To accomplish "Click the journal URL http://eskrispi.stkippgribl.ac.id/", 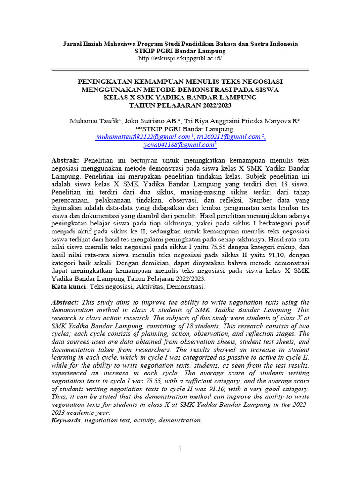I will coord(180,59).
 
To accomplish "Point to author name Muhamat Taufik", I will coord(92,121).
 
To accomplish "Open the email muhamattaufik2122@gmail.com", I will coord(142,137).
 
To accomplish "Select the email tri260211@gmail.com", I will coord(228,137).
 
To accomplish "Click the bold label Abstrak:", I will coord(65,161).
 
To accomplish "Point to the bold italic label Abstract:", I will coord(65,302).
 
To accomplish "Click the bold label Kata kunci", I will coord(68,286).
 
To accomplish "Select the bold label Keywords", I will coord(66,420).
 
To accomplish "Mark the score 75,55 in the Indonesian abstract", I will coord(192,247).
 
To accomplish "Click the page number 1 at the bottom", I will coord(180,449).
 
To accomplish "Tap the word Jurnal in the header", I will coord(73,44).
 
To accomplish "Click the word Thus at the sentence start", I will coord(59,397).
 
